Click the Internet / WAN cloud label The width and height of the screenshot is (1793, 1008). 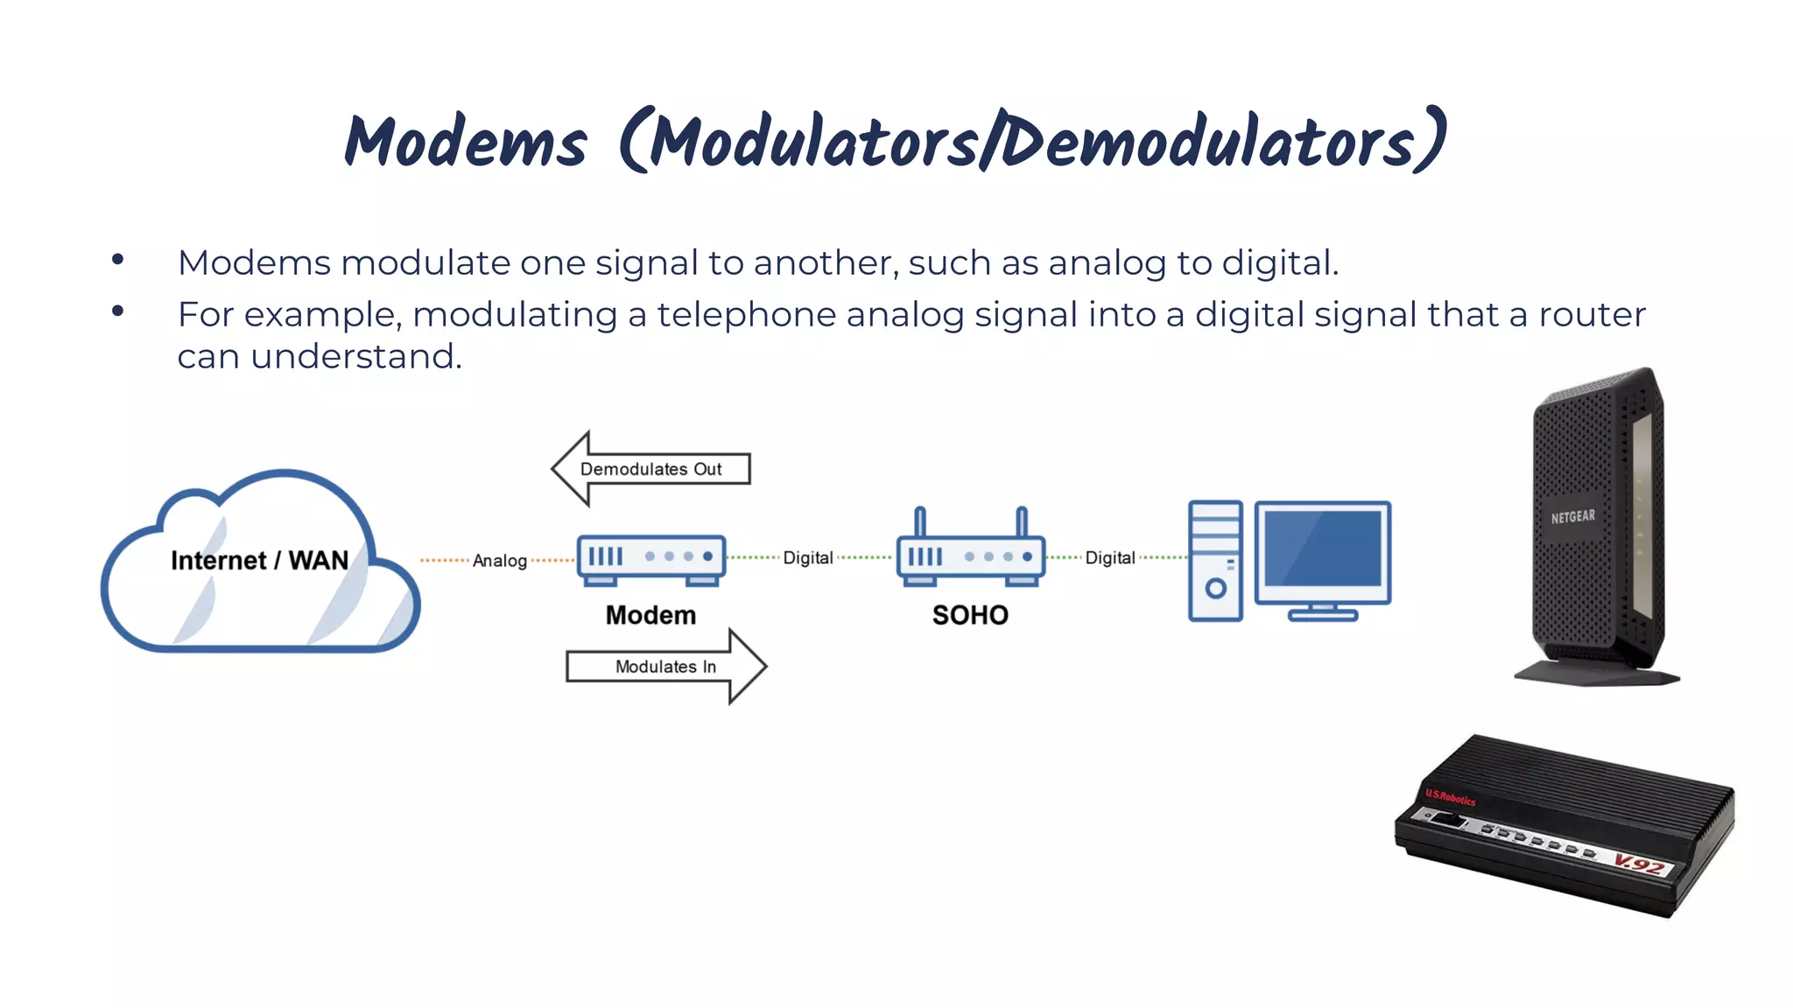pyautogui.click(x=259, y=560)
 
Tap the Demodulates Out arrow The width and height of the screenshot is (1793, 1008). pyautogui.click(x=650, y=469)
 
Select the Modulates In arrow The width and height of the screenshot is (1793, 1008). pyautogui.click(x=665, y=667)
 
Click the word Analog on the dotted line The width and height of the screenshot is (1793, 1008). pyautogui.click(x=500, y=561)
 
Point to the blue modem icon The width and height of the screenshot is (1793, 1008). pyautogui.click(x=651, y=558)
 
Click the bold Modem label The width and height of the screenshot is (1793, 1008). pyautogui.click(x=650, y=615)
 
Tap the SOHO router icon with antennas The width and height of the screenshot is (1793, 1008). pyautogui.click(x=970, y=551)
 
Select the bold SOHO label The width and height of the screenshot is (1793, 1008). pyautogui.click(x=970, y=615)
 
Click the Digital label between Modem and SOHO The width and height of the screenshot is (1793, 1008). pyautogui.click(x=807, y=557)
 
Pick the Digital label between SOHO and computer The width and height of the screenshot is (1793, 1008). pyautogui.click(x=1110, y=557)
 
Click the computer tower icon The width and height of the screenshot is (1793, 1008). pyautogui.click(x=1215, y=560)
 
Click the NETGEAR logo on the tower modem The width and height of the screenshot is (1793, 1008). pyautogui.click(x=1572, y=517)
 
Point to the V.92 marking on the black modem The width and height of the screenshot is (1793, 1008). pyautogui.click(x=1639, y=864)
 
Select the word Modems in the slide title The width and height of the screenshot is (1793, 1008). pyautogui.click(x=466, y=142)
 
